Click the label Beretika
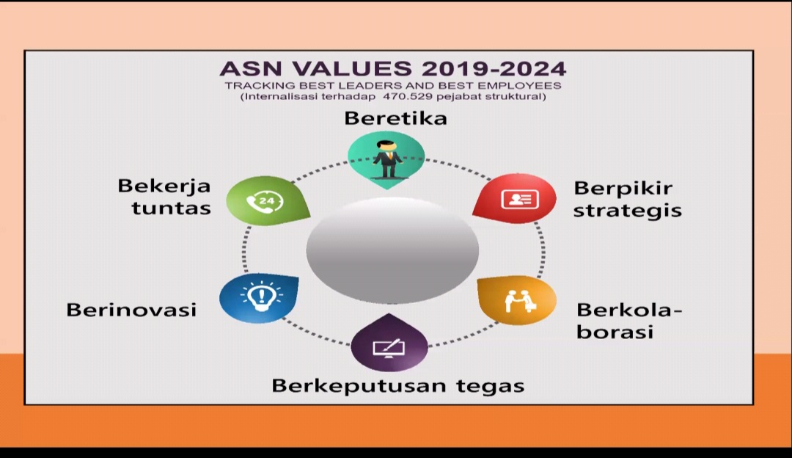(x=395, y=118)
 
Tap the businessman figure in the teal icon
(x=387, y=159)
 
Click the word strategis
(x=627, y=211)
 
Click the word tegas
(x=490, y=387)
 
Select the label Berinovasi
(x=131, y=310)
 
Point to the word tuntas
(x=171, y=208)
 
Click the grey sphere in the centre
(x=392, y=250)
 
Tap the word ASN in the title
(x=252, y=69)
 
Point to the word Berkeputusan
(x=359, y=386)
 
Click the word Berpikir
(x=623, y=189)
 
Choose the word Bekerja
(x=164, y=186)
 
